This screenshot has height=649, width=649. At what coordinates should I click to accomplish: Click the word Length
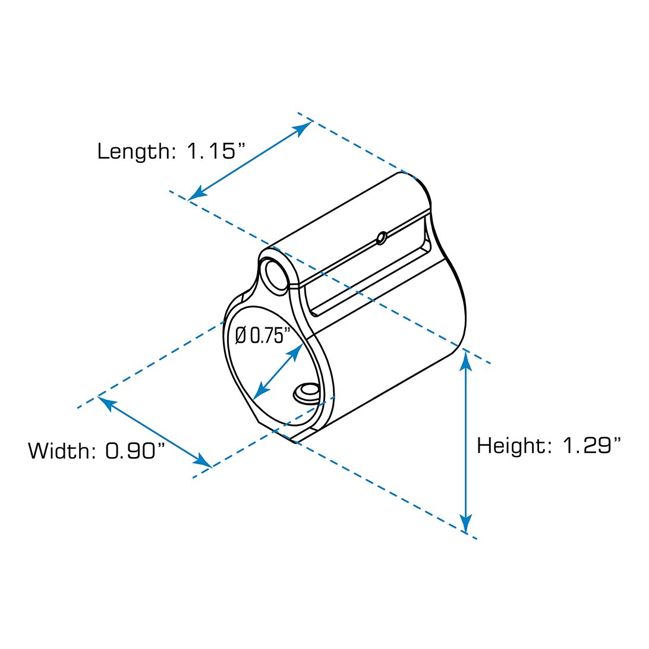[133, 152]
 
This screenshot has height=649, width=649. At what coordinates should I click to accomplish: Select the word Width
[58, 450]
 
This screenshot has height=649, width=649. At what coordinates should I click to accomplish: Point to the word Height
[511, 446]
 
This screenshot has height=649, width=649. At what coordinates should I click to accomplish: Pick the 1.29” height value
[593, 445]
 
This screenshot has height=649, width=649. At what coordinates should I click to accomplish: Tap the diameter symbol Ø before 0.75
[241, 335]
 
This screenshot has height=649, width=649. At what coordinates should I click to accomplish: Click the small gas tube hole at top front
[276, 273]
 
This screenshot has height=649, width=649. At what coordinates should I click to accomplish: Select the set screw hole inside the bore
[306, 392]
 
